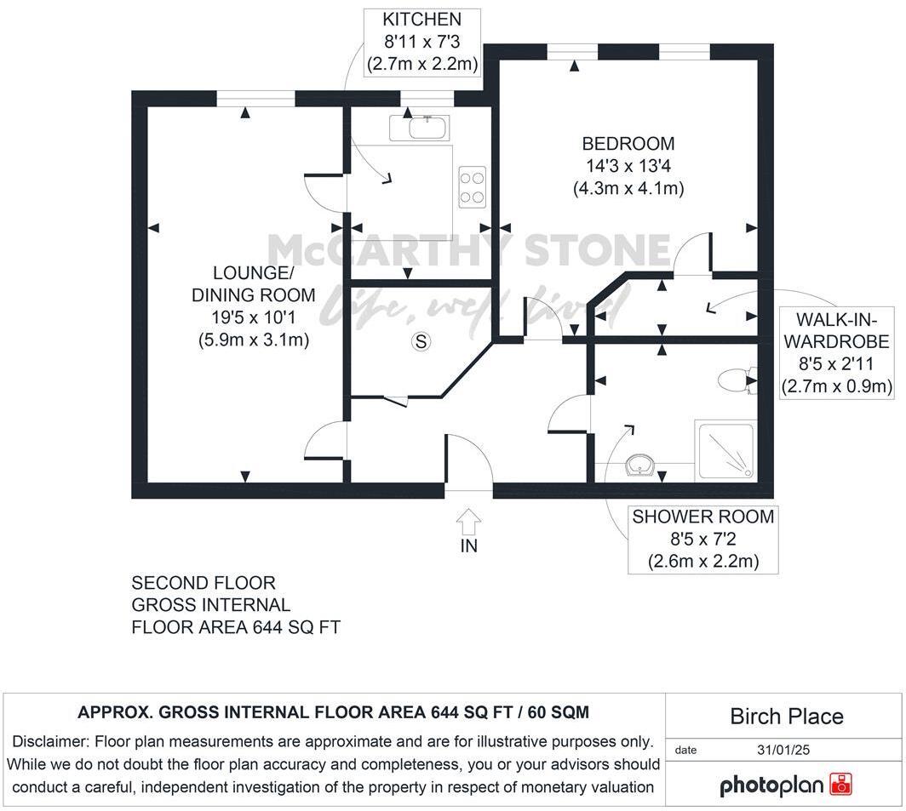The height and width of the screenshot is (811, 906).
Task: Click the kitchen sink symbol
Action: (422, 129)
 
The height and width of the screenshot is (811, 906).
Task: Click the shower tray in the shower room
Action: (725, 448)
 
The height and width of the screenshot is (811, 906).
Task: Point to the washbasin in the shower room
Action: (639, 465)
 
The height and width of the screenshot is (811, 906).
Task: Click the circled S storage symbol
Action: (420, 341)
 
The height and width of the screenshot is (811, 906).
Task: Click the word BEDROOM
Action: (628, 144)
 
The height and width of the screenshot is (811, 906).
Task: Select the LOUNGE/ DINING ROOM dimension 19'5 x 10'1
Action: (251, 317)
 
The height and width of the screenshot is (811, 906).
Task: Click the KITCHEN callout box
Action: (422, 42)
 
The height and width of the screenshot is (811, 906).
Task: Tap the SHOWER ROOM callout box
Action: (702, 540)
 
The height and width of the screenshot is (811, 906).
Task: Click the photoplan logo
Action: (786, 784)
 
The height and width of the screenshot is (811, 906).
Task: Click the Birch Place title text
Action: (786, 716)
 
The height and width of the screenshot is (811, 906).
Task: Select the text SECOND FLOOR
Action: (204, 584)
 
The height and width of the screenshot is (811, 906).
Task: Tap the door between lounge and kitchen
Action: (326, 192)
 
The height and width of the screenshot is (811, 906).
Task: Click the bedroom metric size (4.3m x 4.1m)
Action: (628, 188)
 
